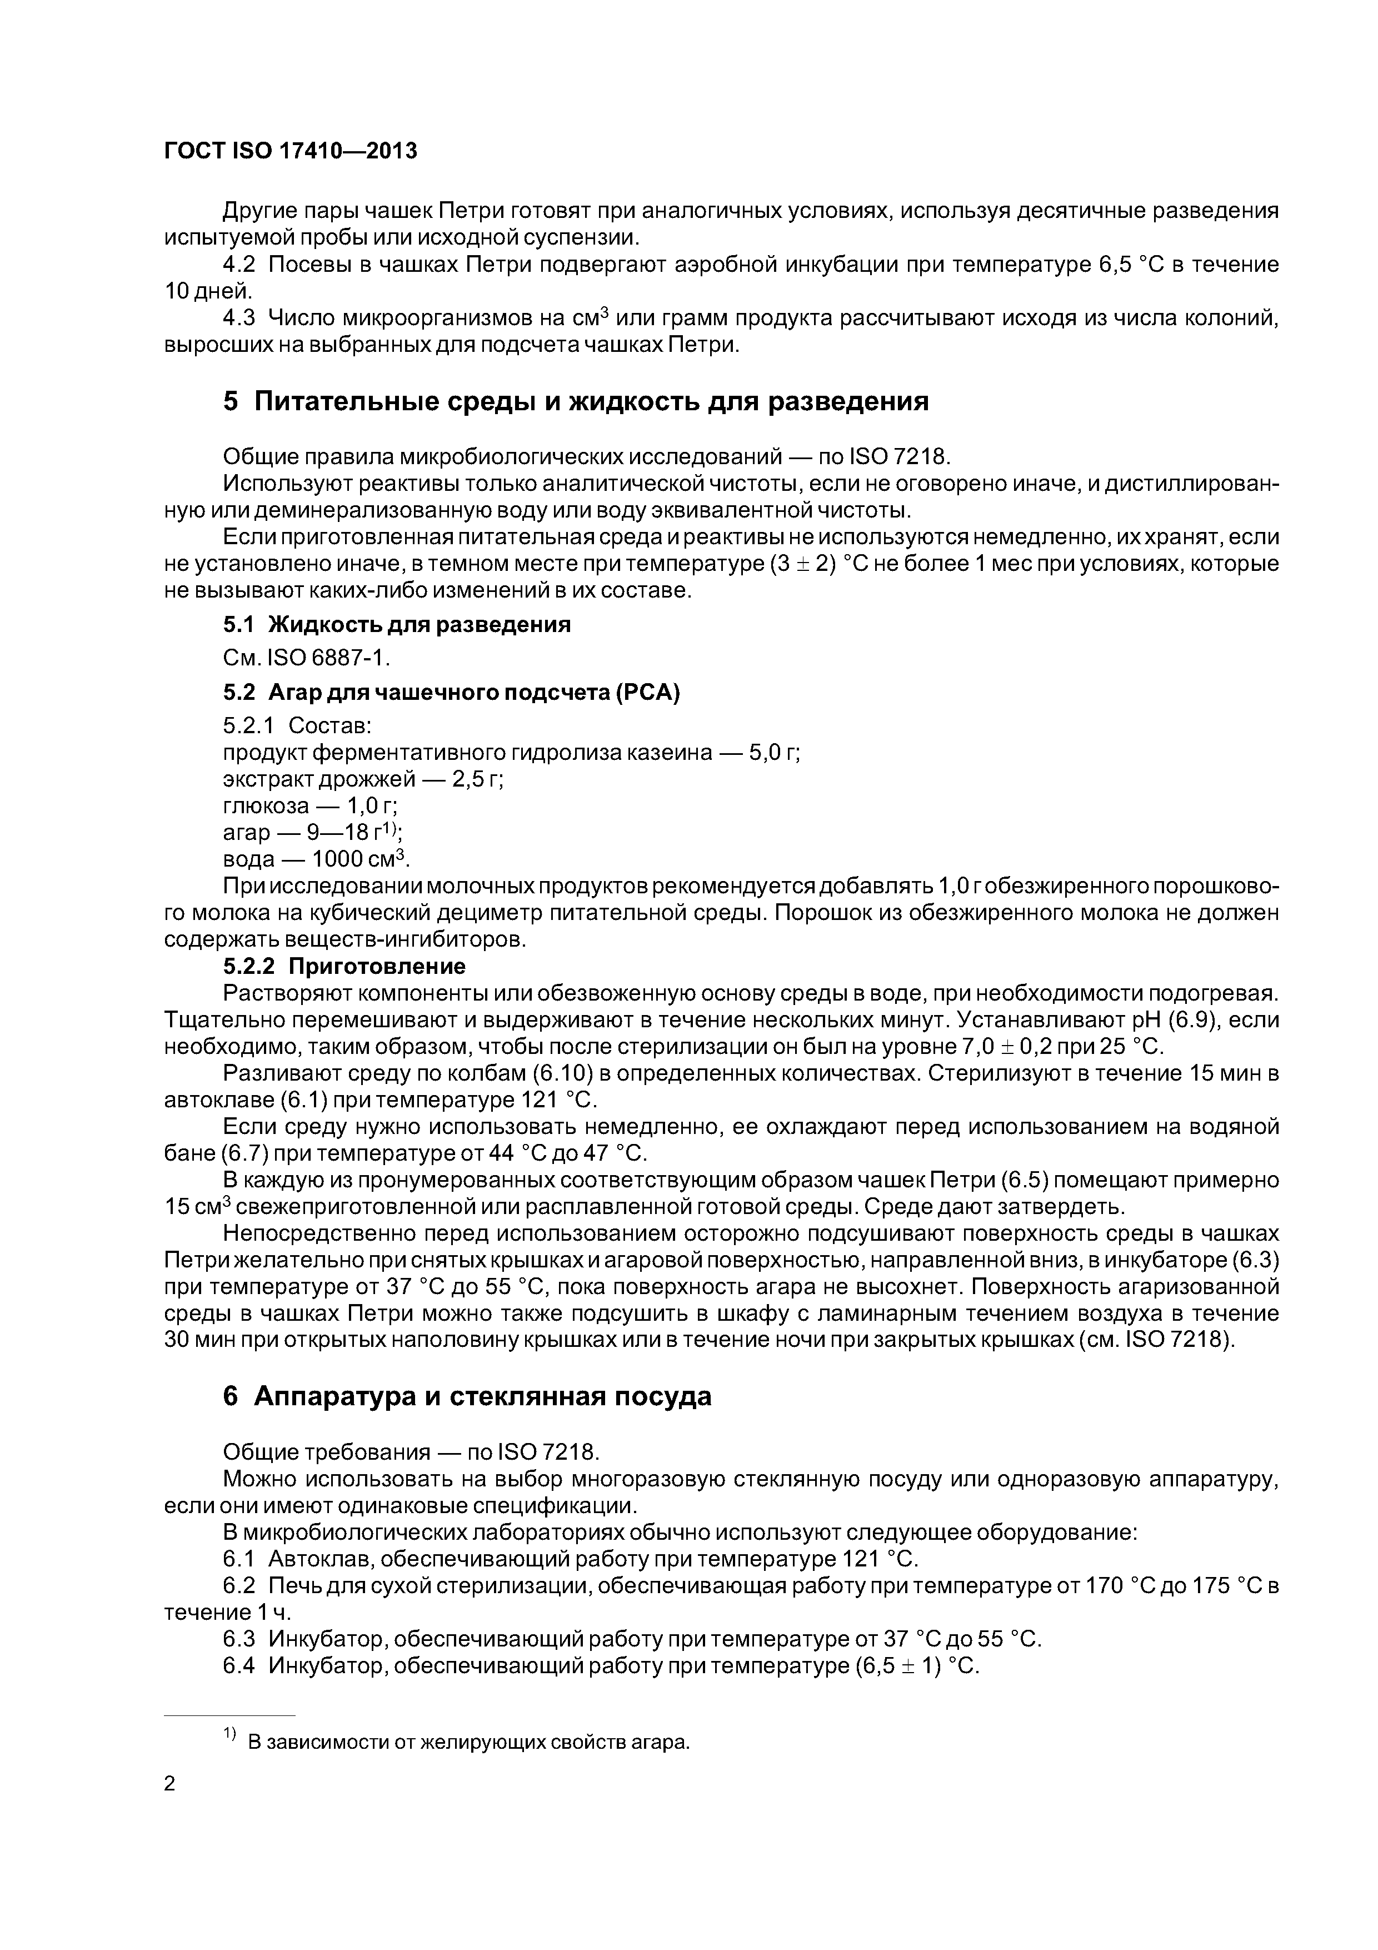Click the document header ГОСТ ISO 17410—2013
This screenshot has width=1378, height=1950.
click(291, 151)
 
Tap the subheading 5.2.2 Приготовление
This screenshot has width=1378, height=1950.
click(344, 967)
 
